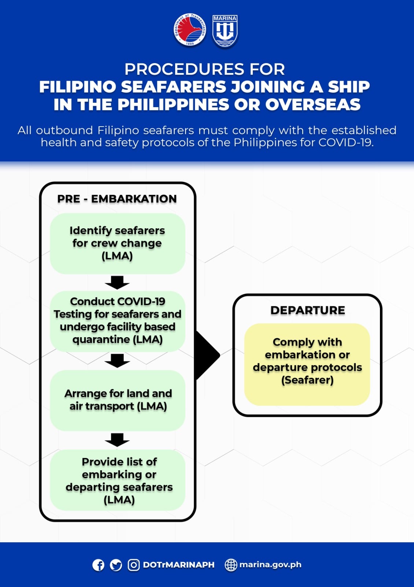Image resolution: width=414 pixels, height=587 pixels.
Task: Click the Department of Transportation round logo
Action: pos(190,30)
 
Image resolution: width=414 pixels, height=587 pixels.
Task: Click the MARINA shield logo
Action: pos(225,31)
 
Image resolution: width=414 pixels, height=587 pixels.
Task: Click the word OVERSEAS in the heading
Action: pos(313,104)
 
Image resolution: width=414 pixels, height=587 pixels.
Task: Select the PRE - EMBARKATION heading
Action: pos(117,198)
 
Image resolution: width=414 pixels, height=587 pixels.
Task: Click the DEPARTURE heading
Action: pos(307,310)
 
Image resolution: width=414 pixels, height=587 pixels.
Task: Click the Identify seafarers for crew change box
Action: pos(118,244)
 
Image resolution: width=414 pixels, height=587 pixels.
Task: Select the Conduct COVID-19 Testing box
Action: pos(118,321)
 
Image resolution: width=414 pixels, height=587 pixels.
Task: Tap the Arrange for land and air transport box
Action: pos(118,400)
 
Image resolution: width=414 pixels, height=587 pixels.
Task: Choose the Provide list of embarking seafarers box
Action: pos(118,480)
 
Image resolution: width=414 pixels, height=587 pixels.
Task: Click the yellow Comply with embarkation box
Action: pos(307,365)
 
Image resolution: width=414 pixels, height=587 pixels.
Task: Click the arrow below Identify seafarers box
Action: pos(117,282)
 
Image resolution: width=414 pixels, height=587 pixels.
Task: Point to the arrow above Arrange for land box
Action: pos(117,361)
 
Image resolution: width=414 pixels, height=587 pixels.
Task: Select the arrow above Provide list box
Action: pos(117,440)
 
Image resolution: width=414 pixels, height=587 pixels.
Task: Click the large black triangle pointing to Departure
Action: pos(207,356)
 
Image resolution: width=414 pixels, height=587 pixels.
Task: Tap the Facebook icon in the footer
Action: pos(99,565)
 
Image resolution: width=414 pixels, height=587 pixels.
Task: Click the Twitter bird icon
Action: pos(116,565)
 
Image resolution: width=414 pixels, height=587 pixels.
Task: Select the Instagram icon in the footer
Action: pos(134,565)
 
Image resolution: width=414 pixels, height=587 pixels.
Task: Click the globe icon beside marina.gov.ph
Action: pos(231,565)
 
